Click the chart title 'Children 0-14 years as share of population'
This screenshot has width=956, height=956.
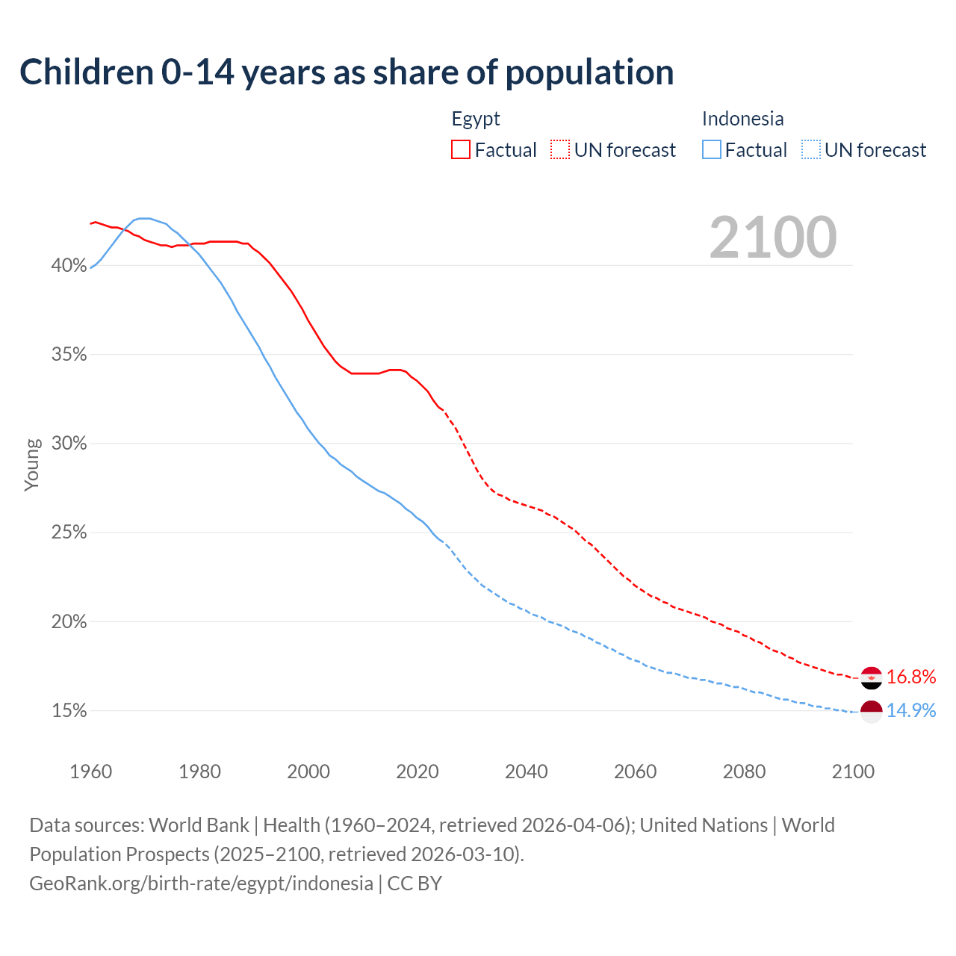point(347,72)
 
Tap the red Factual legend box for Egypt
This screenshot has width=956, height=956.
point(460,150)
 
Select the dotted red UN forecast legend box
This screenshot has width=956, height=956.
point(560,150)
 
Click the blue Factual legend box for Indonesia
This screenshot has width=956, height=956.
point(711,150)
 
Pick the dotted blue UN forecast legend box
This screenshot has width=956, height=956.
point(810,150)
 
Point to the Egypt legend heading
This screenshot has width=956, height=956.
point(476,119)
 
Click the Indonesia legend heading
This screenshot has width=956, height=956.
point(742,119)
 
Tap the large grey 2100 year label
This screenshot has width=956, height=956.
point(773,238)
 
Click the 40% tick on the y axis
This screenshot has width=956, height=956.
point(69,266)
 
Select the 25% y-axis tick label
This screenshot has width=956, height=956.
point(69,533)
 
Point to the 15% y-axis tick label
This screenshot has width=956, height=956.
point(69,711)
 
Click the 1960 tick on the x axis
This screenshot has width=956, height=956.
point(90,772)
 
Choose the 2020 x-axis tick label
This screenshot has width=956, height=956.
point(418,772)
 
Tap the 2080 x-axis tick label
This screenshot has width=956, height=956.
point(744,772)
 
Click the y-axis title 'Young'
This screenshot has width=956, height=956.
point(32,465)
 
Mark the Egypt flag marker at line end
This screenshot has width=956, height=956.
point(871,677)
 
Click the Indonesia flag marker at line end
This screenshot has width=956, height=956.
point(871,711)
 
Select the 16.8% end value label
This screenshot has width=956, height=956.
point(911,677)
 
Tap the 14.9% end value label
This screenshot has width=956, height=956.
point(911,710)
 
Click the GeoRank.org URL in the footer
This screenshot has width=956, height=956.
point(201,884)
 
